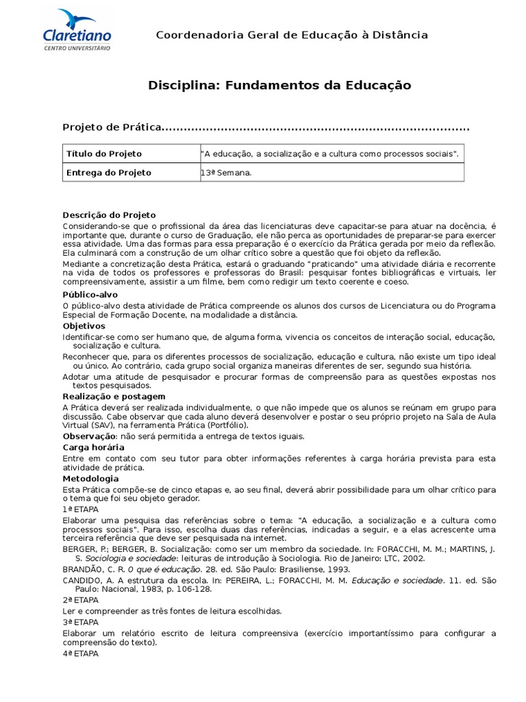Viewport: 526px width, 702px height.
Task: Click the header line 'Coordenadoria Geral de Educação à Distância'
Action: click(292, 35)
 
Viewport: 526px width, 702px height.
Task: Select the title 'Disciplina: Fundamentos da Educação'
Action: click(279, 86)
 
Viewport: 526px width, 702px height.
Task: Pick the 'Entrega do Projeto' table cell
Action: click(109, 172)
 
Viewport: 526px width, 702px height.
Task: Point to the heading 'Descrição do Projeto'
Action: click(110, 215)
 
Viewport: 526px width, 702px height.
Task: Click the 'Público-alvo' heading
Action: click(90, 294)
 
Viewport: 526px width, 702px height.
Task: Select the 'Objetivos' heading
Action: click(84, 326)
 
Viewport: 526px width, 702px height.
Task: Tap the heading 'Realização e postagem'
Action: click(114, 396)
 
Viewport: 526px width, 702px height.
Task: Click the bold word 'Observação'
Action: click(88, 436)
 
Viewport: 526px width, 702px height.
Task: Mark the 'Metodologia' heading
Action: click(90, 479)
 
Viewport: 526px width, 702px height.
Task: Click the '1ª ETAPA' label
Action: click(80, 509)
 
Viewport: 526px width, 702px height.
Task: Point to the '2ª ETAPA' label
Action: click(80, 600)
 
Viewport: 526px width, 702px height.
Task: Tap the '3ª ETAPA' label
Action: click(80, 622)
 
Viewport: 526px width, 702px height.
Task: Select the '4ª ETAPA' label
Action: click(80, 653)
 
